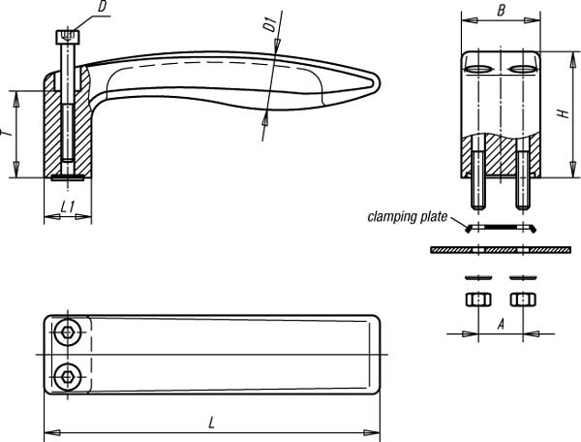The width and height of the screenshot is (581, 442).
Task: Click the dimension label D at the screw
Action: coord(103,8)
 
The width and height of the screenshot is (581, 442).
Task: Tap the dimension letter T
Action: coord(7,133)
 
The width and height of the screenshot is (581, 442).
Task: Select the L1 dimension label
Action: coord(68,206)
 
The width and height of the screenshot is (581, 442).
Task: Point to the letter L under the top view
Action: coord(211,423)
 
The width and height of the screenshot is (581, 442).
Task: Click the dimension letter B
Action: coord(501,11)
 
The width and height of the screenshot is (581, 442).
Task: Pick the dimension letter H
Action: coord(564,113)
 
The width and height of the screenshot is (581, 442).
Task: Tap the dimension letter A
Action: coord(501,325)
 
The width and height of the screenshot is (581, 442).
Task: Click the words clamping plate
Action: coord(408,217)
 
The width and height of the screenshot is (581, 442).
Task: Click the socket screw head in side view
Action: coord(68,37)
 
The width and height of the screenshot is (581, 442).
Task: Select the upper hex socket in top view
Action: coord(68,332)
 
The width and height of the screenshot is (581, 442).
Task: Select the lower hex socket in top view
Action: coord(68,377)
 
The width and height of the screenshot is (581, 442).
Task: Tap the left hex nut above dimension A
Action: coord(478,300)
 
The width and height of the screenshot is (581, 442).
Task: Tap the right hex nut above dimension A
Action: coord(523,300)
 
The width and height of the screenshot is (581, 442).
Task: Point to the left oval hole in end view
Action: coord(478,69)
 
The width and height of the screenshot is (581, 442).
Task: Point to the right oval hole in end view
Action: coord(523,69)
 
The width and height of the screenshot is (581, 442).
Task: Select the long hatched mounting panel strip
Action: coord(501,250)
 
